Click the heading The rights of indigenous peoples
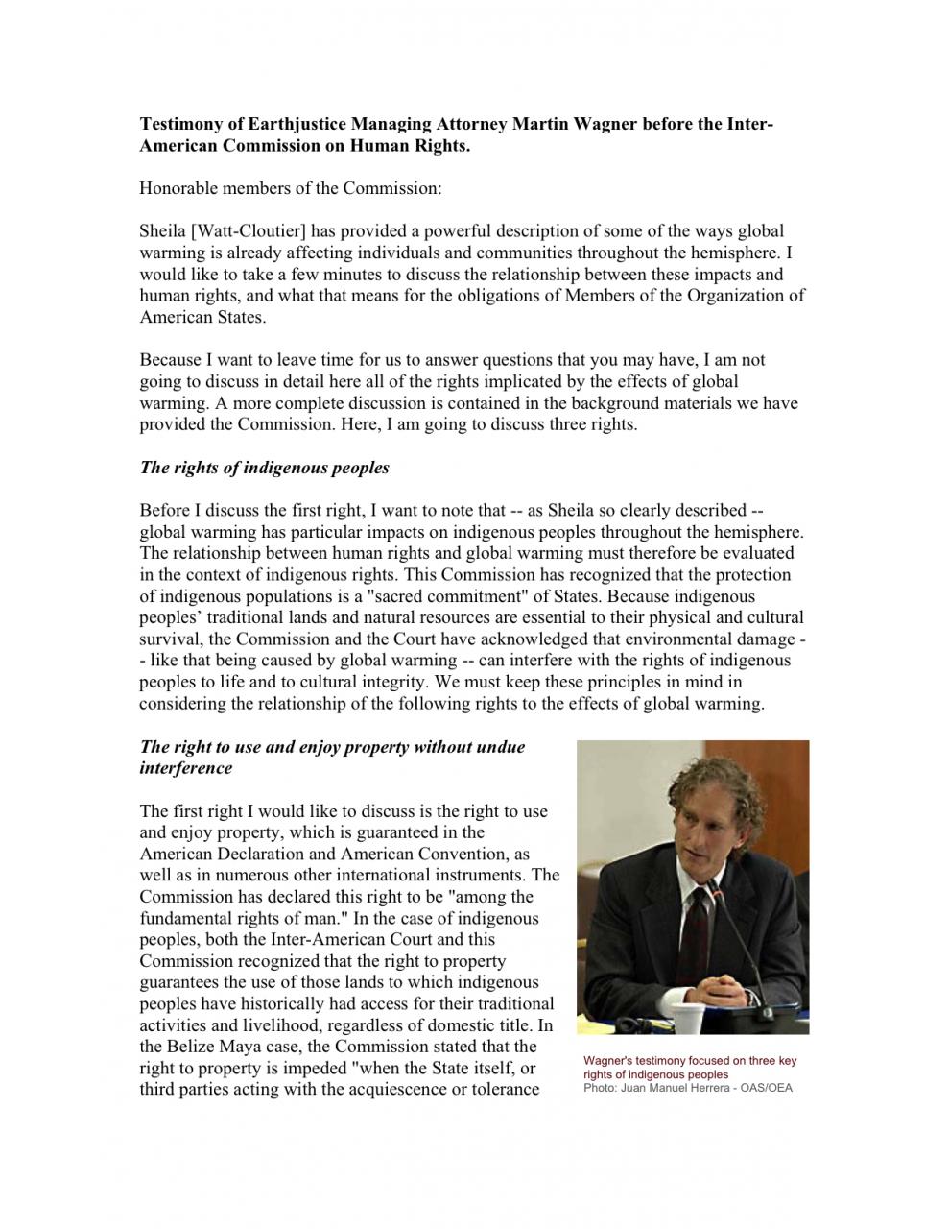coord(265,468)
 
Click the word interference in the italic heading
coord(186,768)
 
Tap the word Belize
coord(195,1047)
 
